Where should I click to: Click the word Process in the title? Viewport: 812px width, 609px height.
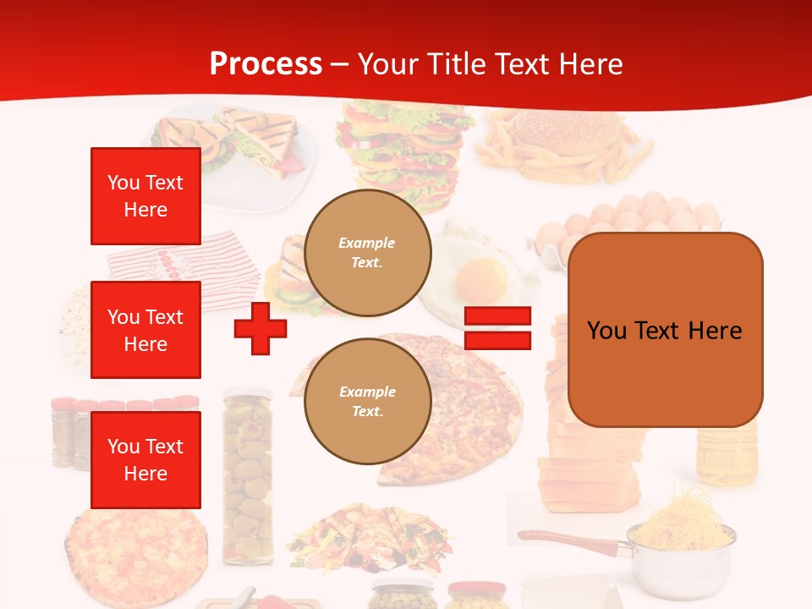click(x=266, y=64)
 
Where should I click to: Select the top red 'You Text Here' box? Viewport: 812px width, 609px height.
click(x=145, y=196)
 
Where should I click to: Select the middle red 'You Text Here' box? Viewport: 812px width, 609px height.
click(x=145, y=330)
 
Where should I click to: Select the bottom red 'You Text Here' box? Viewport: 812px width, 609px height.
click(x=145, y=460)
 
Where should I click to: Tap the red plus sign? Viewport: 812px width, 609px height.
click(x=261, y=328)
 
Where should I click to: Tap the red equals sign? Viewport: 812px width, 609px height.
click(x=497, y=328)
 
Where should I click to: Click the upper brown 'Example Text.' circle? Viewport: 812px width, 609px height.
click(x=368, y=253)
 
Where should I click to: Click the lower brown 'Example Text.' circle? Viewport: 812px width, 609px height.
click(x=368, y=402)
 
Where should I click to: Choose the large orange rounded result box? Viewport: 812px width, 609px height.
click(x=665, y=330)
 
